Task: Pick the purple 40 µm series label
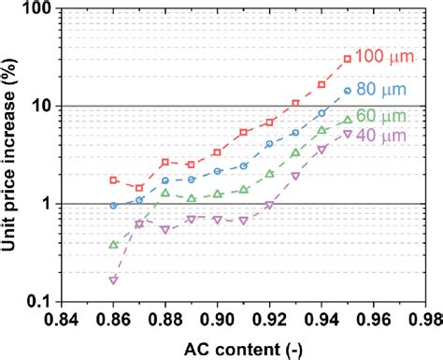coord(382,137)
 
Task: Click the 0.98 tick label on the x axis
coord(425,318)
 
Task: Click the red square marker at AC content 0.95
coord(348,59)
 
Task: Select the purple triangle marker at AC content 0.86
coord(113,280)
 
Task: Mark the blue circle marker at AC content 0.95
coord(348,91)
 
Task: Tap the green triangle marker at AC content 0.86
coord(113,245)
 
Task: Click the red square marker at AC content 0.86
coord(113,180)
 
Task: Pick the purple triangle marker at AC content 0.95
coord(348,134)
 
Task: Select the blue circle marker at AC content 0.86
coord(113,205)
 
